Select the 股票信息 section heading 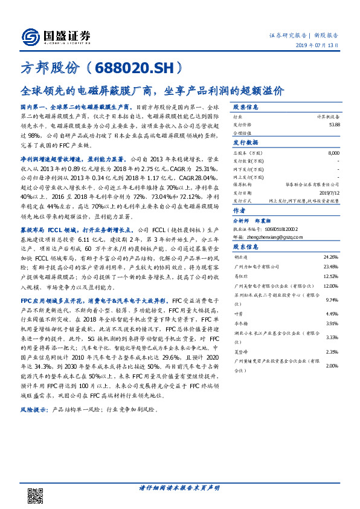tap(246, 107)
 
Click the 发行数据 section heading tap(246, 143)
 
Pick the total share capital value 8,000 tap(333, 154)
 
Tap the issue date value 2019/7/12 tap(329, 192)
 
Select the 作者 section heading tap(239, 211)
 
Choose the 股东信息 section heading tap(246, 247)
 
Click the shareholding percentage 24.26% tap(331, 258)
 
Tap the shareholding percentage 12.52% tap(331, 276)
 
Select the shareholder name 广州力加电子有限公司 tap(257, 267)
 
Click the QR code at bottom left tap(36, 495)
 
